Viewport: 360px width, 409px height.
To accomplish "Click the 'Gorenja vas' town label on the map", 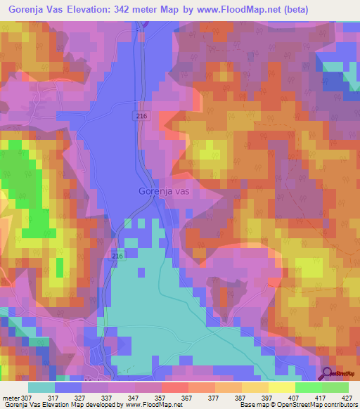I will pos(165,190).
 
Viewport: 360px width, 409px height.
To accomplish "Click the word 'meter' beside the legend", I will pos(10,398).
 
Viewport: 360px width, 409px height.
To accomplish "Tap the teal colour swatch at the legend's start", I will pos(41,387).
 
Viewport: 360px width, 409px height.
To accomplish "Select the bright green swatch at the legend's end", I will pos(335,387).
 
